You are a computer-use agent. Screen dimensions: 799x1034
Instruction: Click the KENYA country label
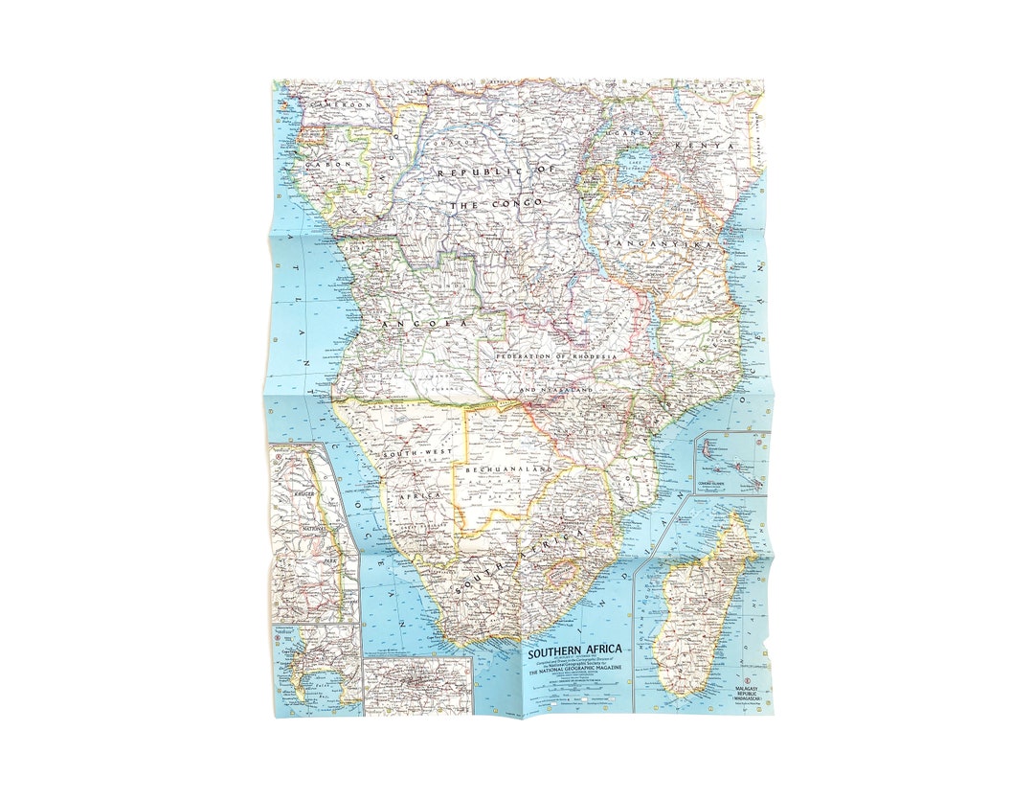click(x=704, y=146)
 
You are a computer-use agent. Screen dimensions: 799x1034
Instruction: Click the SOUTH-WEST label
click(x=411, y=452)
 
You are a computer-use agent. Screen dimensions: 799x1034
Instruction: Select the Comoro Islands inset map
click(x=732, y=461)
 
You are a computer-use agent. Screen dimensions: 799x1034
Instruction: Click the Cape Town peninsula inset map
click(x=317, y=670)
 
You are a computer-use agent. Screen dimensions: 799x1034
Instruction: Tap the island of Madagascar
click(x=706, y=604)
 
